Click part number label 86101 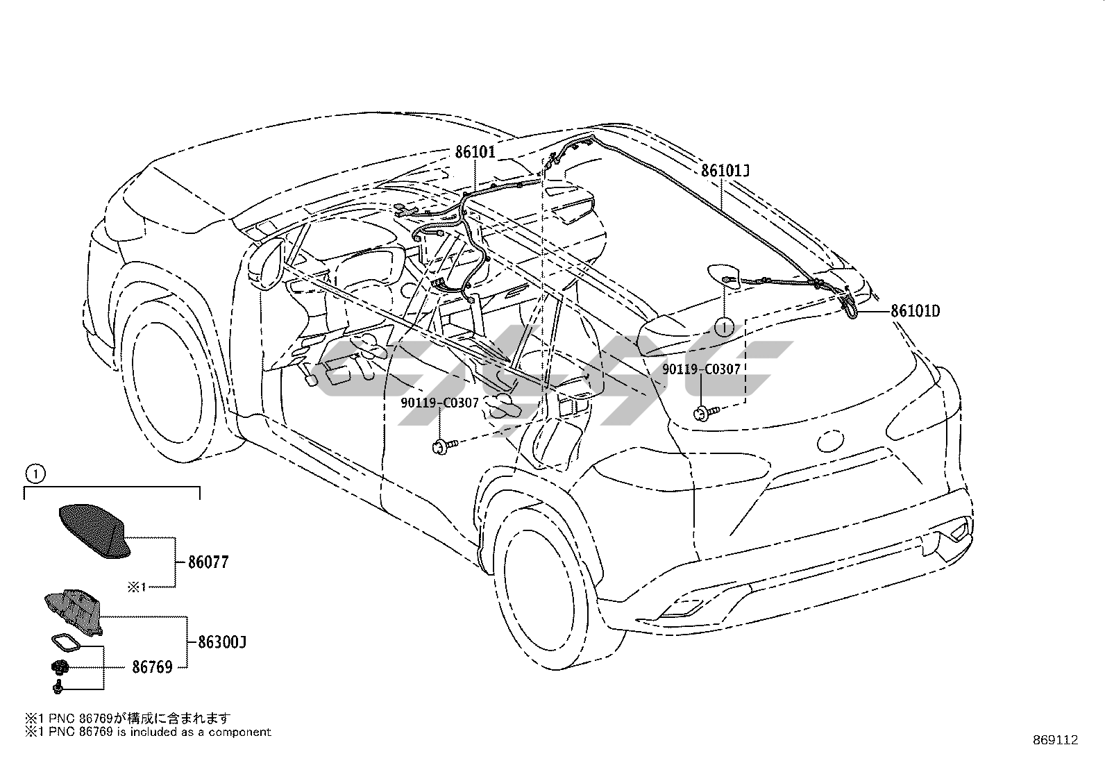(x=475, y=151)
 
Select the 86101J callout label (x=726, y=171)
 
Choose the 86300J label (x=222, y=642)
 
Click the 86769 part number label (x=152, y=667)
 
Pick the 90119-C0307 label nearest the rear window (x=701, y=370)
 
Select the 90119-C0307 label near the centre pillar (x=439, y=403)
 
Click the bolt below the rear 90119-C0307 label (x=702, y=414)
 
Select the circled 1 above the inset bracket (x=35, y=474)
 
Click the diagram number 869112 (x=1054, y=740)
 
